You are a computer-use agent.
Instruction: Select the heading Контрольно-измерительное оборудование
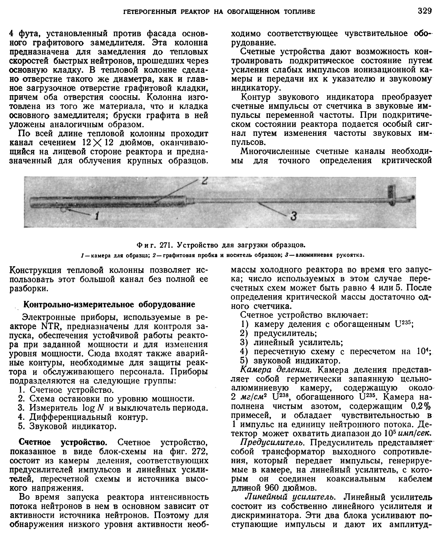point(109,304)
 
